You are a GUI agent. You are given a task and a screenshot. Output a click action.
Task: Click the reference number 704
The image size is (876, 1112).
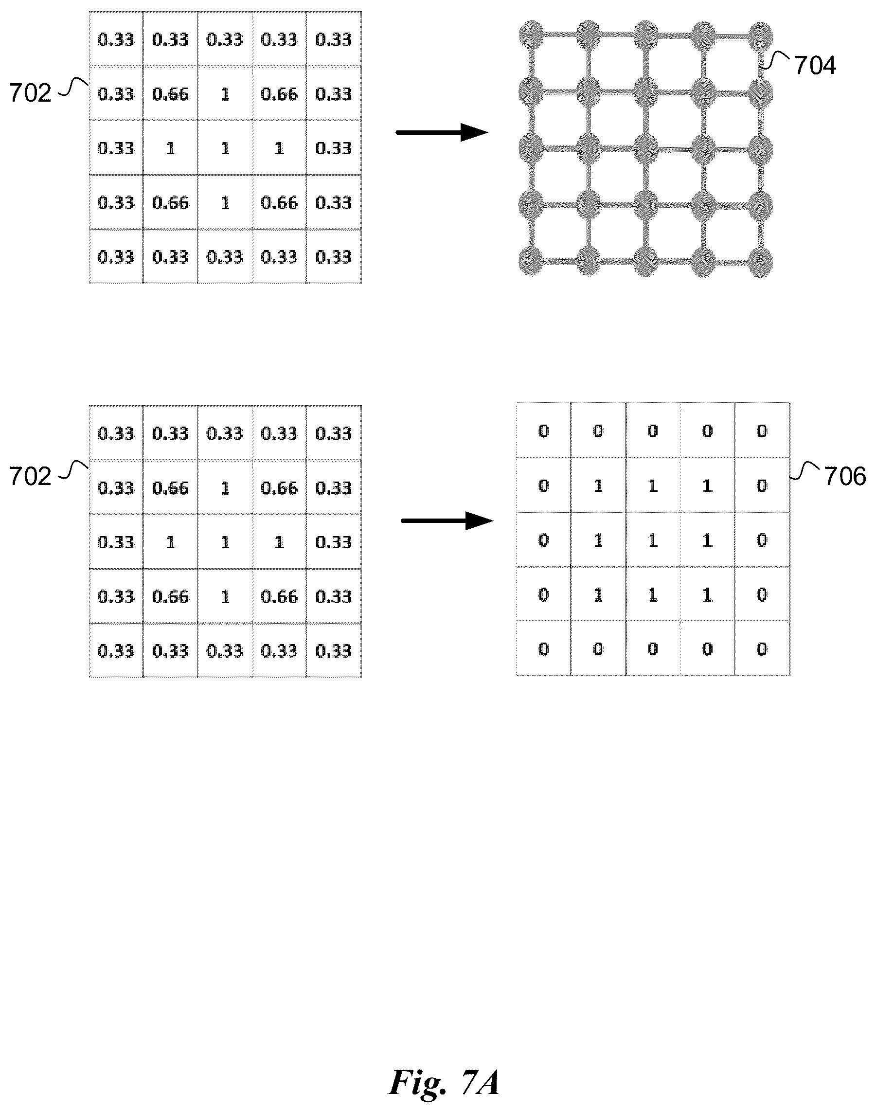(815, 66)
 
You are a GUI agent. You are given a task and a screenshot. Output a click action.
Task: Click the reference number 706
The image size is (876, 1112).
(845, 477)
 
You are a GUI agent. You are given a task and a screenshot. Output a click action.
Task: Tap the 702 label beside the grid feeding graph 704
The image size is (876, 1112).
(30, 93)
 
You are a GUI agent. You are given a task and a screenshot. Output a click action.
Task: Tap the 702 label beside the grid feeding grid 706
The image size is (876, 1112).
(30, 477)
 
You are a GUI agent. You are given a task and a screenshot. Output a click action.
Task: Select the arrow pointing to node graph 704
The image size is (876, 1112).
(442, 132)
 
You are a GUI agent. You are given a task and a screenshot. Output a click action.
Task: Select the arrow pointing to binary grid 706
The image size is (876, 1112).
(447, 520)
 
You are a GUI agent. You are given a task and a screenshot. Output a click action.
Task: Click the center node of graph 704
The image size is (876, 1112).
(646, 149)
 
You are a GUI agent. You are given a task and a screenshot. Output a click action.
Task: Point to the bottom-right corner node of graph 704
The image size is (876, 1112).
(760, 263)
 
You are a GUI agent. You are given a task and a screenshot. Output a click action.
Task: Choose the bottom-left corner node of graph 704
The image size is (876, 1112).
(531, 262)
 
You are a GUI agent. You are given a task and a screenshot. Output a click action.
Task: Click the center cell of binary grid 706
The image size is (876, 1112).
(653, 539)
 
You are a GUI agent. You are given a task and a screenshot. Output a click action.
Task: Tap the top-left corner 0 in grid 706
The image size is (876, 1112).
(544, 431)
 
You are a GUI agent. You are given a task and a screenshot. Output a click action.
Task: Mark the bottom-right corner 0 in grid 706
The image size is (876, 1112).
(762, 649)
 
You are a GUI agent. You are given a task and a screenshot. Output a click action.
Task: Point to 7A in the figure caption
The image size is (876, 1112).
(480, 1082)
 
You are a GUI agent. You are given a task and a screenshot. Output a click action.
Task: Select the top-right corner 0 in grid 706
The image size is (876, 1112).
(762, 431)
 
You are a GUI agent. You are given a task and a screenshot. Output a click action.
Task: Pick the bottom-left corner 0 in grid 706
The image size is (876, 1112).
(544, 649)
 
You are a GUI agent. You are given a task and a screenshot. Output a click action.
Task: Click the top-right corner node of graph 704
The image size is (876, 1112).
(760, 36)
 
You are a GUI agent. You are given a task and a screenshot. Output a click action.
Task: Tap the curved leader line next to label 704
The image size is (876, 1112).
(774, 59)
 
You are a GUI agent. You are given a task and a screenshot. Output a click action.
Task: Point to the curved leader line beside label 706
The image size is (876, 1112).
(805, 471)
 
